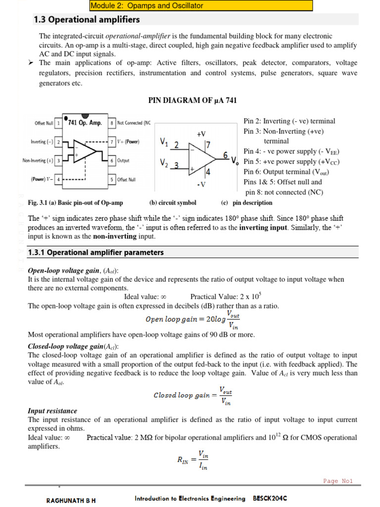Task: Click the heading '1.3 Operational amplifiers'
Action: click(x=87, y=20)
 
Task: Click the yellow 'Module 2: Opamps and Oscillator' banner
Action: click(x=201, y=6)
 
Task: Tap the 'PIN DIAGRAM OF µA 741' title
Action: click(x=193, y=101)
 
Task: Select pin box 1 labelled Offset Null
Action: click(x=58, y=123)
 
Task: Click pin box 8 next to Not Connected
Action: click(x=112, y=123)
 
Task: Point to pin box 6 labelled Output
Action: click(x=112, y=161)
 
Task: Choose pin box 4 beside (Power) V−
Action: click(x=58, y=179)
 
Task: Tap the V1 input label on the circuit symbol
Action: click(x=164, y=143)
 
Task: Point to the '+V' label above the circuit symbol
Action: click(x=201, y=134)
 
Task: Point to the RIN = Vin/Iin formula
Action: click(x=193, y=459)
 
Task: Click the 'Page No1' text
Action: click(x=337, y=481)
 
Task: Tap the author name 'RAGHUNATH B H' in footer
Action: click(x=71, y=500)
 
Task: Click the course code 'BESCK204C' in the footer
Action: click(x=270, y=499)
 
